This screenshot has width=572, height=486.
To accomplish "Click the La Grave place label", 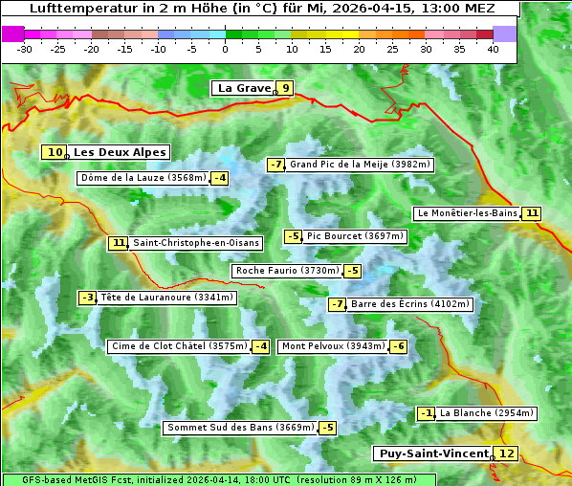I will [244, 88].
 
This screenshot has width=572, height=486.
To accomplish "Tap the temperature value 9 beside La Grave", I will [285, 88].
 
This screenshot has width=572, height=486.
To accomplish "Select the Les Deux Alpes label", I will [120, 152].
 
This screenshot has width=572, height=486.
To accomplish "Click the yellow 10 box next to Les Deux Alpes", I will [55, 152].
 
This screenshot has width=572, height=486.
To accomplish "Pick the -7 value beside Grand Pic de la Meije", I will [276, 165].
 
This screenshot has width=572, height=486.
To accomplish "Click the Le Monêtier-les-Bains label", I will [467, 213].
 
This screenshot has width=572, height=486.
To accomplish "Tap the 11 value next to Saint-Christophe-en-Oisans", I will [119, 243].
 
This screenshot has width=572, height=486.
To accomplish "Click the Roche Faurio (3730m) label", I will [287, 271].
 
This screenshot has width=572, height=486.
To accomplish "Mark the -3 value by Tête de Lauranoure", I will [88, 298].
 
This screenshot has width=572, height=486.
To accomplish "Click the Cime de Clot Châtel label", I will [179, 346].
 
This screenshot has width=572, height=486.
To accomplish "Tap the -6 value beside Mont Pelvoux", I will [398, 346].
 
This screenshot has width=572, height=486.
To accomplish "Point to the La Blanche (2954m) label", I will [486, 413].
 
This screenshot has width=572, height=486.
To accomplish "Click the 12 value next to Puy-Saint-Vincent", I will [507, 453].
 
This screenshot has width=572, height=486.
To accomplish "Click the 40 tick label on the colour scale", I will [493, 48].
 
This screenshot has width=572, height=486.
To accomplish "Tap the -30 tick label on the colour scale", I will [25, 48].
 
